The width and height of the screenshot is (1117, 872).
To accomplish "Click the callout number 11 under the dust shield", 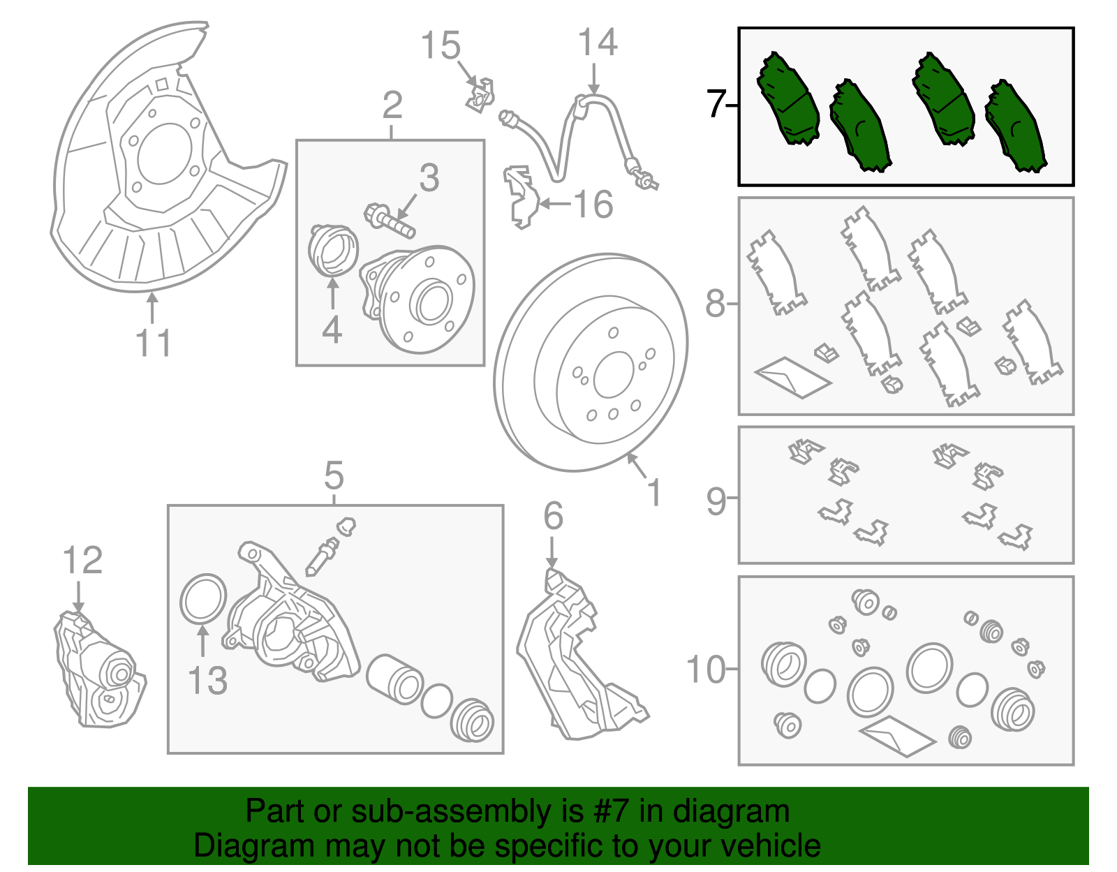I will click(153, 343).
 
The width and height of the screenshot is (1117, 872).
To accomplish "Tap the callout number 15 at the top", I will click(441, 46).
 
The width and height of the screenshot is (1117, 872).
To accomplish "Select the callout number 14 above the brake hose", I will click(598, 43).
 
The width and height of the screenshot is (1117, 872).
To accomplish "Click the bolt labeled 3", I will click(389, 220).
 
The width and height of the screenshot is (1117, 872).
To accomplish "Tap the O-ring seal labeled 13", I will click(202, 598).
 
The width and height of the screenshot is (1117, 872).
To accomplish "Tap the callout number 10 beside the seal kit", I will click(707, 670).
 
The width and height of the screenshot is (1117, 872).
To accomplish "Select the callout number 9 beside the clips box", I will click(716, 501).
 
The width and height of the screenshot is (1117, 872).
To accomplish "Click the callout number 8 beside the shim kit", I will click(716, 304).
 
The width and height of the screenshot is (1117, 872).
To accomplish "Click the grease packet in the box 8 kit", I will click(792, 377).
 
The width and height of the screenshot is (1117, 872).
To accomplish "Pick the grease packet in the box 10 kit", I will click(896, 735).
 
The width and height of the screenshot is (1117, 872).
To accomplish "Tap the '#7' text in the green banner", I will click(611, 811).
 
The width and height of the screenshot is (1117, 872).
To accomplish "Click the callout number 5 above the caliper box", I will click(334, 476).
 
